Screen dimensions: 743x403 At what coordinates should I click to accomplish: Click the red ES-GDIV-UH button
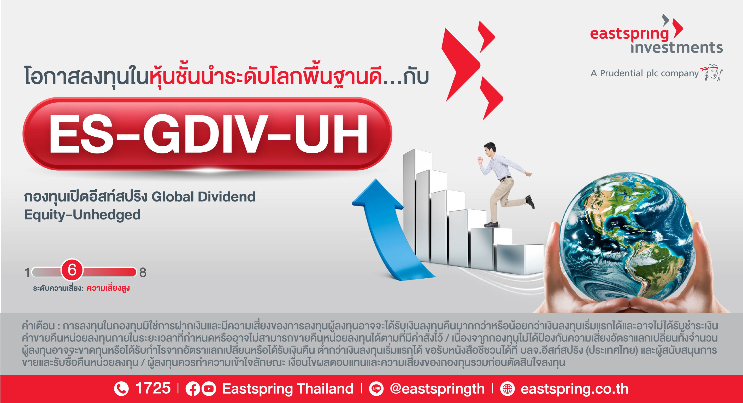point(207,134)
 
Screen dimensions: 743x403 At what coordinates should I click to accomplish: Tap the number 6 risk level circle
point(72,270)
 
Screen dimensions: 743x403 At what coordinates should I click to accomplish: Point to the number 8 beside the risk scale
point(143,273)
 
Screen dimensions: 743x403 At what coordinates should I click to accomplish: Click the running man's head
point(490,149)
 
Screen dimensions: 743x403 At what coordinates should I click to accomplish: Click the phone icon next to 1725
point(121,389)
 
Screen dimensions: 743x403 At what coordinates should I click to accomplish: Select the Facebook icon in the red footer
point(193,389)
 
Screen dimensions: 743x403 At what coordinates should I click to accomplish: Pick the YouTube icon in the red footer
point(209,389)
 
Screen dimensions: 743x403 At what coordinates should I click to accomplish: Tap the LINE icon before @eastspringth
point(376,389)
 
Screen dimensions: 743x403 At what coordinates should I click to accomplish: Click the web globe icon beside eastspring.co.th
point(507,389)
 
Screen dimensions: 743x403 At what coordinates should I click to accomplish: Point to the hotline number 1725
point(153,388)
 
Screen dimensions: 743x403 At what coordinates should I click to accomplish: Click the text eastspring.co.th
point(575,389)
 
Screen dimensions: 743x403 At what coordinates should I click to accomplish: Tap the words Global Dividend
point(203,197)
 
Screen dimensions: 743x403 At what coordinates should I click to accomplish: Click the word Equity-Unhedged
point(82,215)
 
